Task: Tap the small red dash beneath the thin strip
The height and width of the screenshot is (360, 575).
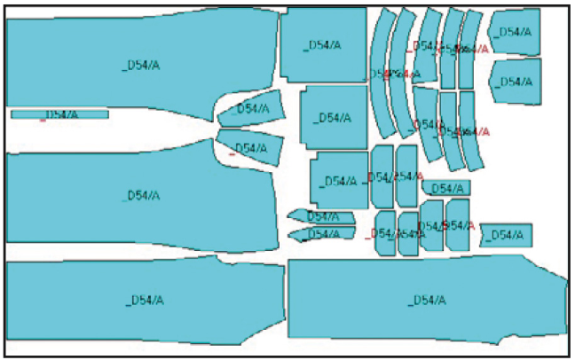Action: (x=43, y=121)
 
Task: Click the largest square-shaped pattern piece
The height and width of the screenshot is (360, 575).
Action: (x=323, y=44)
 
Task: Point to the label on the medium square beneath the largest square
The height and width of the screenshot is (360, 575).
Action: (x=334, y=118)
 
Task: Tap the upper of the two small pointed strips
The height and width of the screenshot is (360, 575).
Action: (x=320, y=216)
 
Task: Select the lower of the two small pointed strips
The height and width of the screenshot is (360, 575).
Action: (x=320, y=234)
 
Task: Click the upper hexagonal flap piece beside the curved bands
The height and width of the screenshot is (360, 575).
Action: (x=515, y=33)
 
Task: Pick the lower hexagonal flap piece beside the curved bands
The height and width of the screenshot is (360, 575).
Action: (x=515, y=82)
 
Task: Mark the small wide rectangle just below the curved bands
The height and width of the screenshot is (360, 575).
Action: (x=446, y=188)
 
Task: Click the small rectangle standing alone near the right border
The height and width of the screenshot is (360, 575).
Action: (x=506, y=235)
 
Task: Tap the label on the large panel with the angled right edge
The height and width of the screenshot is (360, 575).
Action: (x=426, y=300)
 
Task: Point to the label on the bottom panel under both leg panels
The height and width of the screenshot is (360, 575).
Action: (x=145, y=300)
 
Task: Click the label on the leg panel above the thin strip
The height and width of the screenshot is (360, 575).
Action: (x=141, y=64)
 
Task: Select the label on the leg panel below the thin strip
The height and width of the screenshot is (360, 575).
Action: (x=141, y=195)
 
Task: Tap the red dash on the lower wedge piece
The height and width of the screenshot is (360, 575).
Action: (x=232, y=154)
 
